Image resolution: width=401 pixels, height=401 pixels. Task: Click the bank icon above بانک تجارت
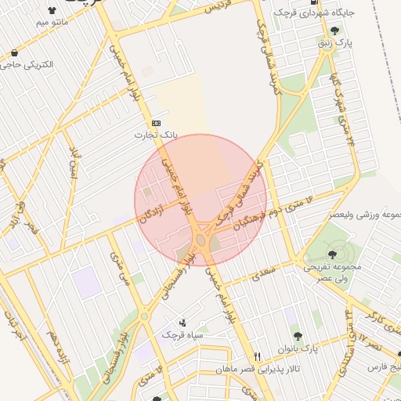(155, 123)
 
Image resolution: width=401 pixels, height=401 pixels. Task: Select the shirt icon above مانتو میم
(52, 11)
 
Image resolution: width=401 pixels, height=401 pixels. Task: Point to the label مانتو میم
(52, 23)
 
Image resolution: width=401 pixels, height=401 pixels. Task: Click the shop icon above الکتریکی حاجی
(14, 53)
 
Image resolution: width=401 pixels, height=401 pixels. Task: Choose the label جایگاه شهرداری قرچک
(320, 13)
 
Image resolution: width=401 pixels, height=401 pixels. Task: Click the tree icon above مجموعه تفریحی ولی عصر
(334, 254)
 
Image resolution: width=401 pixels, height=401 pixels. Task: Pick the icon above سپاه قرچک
(182, 322)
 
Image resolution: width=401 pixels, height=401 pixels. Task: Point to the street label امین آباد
(74, 161)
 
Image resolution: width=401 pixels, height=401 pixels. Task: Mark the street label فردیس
(221, 8)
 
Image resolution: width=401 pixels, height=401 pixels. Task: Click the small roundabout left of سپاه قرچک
(144, 316)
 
